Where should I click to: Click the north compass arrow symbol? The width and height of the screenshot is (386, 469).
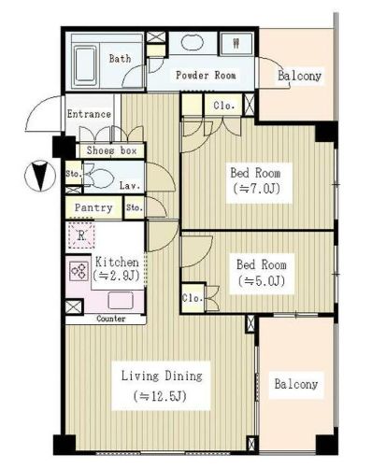tap(40, 176)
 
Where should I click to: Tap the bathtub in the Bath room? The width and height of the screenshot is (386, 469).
tap(85, 66)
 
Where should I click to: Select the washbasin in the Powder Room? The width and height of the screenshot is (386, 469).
tap(193, 42)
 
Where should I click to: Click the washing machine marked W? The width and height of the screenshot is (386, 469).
tap(236, 44)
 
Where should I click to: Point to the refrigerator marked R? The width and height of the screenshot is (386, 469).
tap(81, 235)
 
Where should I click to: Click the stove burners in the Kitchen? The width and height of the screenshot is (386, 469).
tap(79, 271)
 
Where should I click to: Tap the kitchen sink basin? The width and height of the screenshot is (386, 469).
tap(121, 301)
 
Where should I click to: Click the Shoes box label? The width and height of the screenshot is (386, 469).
tap(111, 150)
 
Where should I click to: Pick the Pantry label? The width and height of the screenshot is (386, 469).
tap(93, 207)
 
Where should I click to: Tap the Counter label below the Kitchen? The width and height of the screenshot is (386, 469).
tap(111, 319)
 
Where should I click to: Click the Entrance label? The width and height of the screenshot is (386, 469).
tap(89, 114)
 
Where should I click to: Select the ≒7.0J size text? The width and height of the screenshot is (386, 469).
tap(256, 189)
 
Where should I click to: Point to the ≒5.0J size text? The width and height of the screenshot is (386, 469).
tap(262, 281)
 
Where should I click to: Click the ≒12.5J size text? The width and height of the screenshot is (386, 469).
tap(161, 396)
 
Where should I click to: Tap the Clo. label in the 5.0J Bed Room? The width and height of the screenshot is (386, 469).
tap(193, 298)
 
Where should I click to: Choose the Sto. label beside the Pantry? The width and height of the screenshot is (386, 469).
tap(135, 207)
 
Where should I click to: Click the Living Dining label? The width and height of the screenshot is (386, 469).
tap(162, 376)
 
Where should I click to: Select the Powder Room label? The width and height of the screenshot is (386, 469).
tap(206, 75)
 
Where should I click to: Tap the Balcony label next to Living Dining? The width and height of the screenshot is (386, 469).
tap(296, 384)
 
